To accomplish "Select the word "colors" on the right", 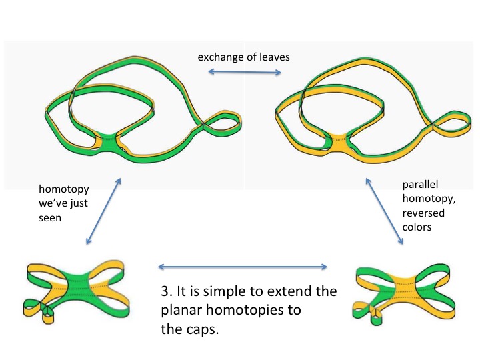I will click(418, 227).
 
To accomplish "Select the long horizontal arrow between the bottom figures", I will click(243, 267).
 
